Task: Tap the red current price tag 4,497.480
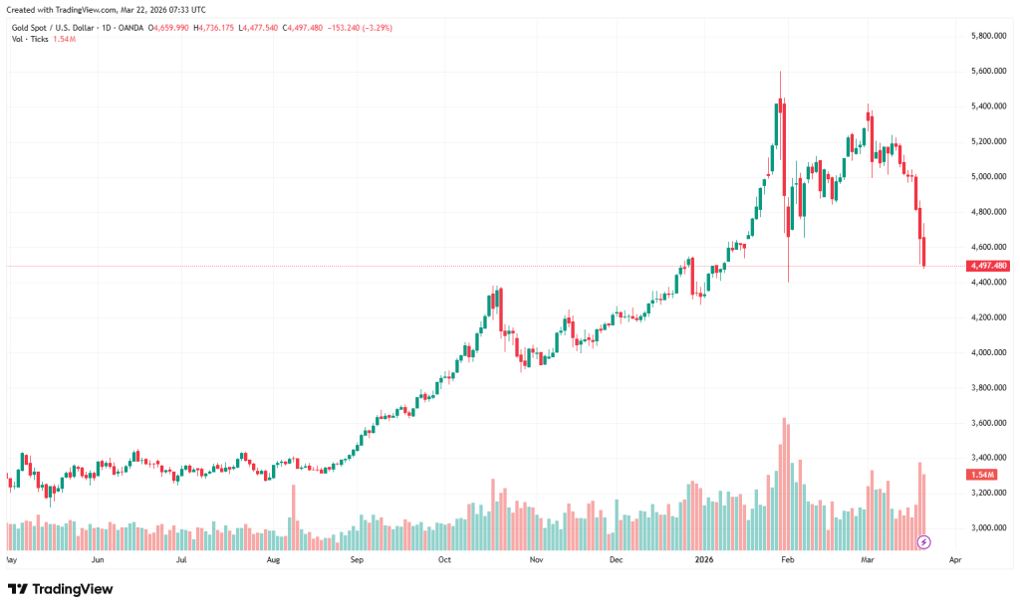(x=988, y=266)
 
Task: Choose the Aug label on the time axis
(x=274, y=559)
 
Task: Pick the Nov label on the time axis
(x=535, y=559)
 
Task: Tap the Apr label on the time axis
(x=954, y=559)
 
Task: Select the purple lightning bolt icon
(x=923, y=541)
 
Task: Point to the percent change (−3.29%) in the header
(x=375, y=27)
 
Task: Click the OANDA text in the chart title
(x=130, y=27)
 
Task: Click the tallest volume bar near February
(x=784, y=483)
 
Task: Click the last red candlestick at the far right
(x=924, y=253)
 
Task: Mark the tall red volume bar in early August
(x=293, y=515)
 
